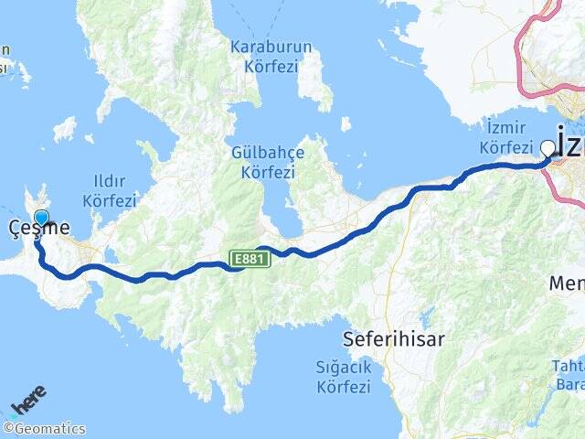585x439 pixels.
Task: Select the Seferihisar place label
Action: (393, 339)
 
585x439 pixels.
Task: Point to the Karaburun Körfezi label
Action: (271, 56)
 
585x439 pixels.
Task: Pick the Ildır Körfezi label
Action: (109, 190)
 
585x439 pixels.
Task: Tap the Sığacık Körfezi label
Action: (342, 378)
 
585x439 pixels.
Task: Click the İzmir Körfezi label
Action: (505, 138)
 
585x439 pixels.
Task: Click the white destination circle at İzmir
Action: (548, 147)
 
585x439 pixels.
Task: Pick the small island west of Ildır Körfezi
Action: (64, 129)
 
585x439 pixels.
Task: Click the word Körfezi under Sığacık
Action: (342, 387)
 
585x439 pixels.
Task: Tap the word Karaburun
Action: (271, 47)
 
